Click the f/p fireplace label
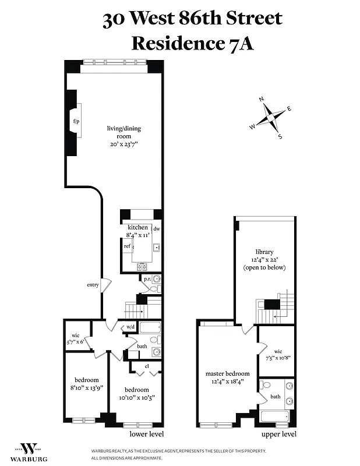click(76, 121)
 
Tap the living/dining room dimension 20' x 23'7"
click(123, 143)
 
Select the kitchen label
click(138, 227)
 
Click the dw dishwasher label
click(157, 229)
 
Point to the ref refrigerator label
click(126, 246)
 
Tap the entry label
click(92, 284)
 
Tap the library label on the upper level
click(264, 252)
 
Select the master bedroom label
click(227, 373)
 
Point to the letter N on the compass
click(262, 99)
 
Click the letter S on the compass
click(280, 137)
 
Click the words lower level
click(146, 434)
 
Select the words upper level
click(278, 434)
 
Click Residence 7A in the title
click(192, 43)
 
